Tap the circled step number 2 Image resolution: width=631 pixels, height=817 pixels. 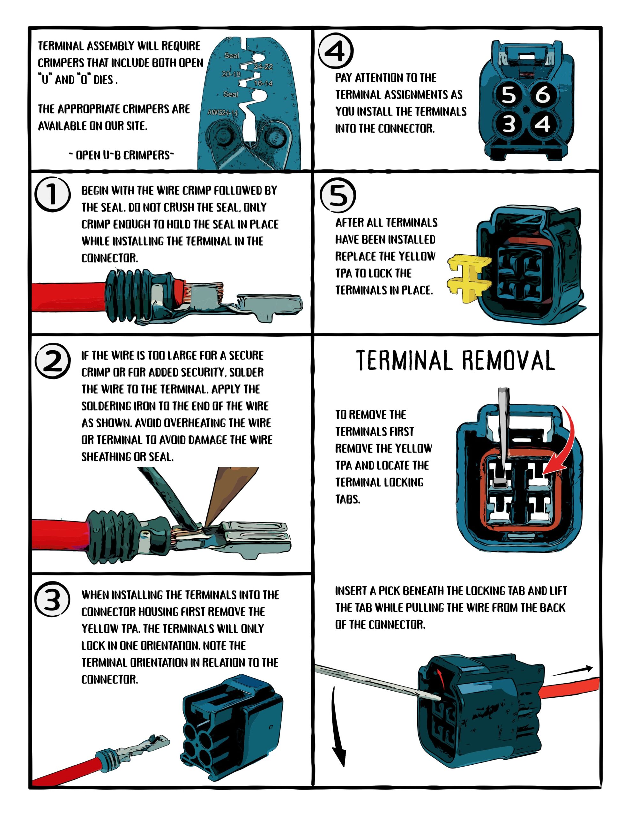pos(52,361)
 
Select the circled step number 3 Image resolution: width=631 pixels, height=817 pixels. pos(52,599)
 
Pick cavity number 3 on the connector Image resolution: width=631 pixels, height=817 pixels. pos(509,124)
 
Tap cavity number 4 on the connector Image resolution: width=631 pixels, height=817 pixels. pos(542,124)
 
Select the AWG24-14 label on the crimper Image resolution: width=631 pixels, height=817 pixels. pos(222,113)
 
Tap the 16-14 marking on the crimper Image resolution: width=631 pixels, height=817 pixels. pos(263,83)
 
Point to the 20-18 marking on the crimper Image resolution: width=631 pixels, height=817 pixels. pos(231,74)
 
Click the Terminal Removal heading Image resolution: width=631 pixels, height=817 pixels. pos(455,361)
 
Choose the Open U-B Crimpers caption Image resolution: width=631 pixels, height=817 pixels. pos(122,155)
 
